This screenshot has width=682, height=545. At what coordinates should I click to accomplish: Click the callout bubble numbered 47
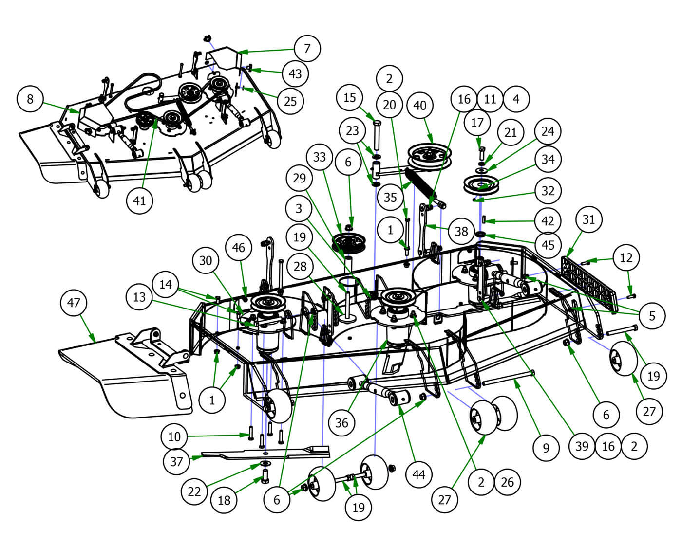[73, 303]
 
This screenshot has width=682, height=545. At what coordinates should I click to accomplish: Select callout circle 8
[30, 99]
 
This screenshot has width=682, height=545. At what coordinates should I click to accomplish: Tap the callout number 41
[139, 200]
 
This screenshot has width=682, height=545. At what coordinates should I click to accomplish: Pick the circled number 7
[307, 48]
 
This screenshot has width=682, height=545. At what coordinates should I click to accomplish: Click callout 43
[295, 73]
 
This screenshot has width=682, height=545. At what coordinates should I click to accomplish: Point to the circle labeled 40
[419, 106]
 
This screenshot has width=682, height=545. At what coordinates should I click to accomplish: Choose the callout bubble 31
[588, 219]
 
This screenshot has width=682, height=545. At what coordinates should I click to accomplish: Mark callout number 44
[419, 474]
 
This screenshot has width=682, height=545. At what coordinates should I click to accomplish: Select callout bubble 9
[546, 447]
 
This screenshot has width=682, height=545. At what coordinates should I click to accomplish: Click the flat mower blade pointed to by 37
[263, 454]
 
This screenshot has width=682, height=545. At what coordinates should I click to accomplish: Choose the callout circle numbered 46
[238, 248]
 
